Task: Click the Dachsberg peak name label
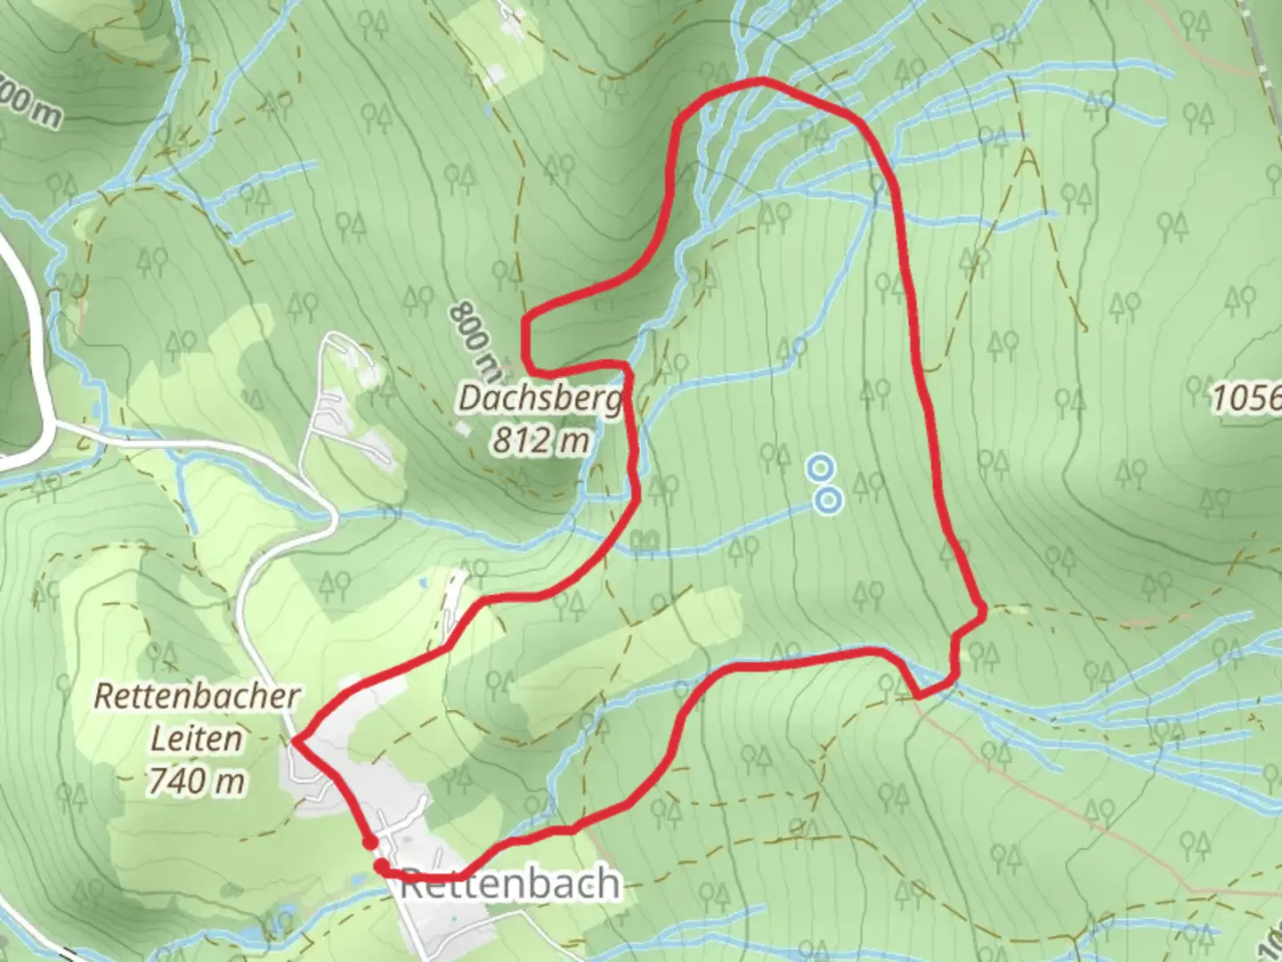click(540, 398)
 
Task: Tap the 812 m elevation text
click(540, 440)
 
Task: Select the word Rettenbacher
click(197, 696)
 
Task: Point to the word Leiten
click(197, 738)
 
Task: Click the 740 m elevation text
click(197, 781)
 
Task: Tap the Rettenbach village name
click(510, 884)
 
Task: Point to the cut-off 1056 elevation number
click(1246, 397)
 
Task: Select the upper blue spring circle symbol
click(820, 466)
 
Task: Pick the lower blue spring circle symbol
click(829, 500)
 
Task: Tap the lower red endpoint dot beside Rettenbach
click(381, 866)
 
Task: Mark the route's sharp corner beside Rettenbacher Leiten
click(296, 739)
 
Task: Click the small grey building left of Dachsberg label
click(462, 429)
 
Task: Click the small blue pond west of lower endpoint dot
click(356, 878)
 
